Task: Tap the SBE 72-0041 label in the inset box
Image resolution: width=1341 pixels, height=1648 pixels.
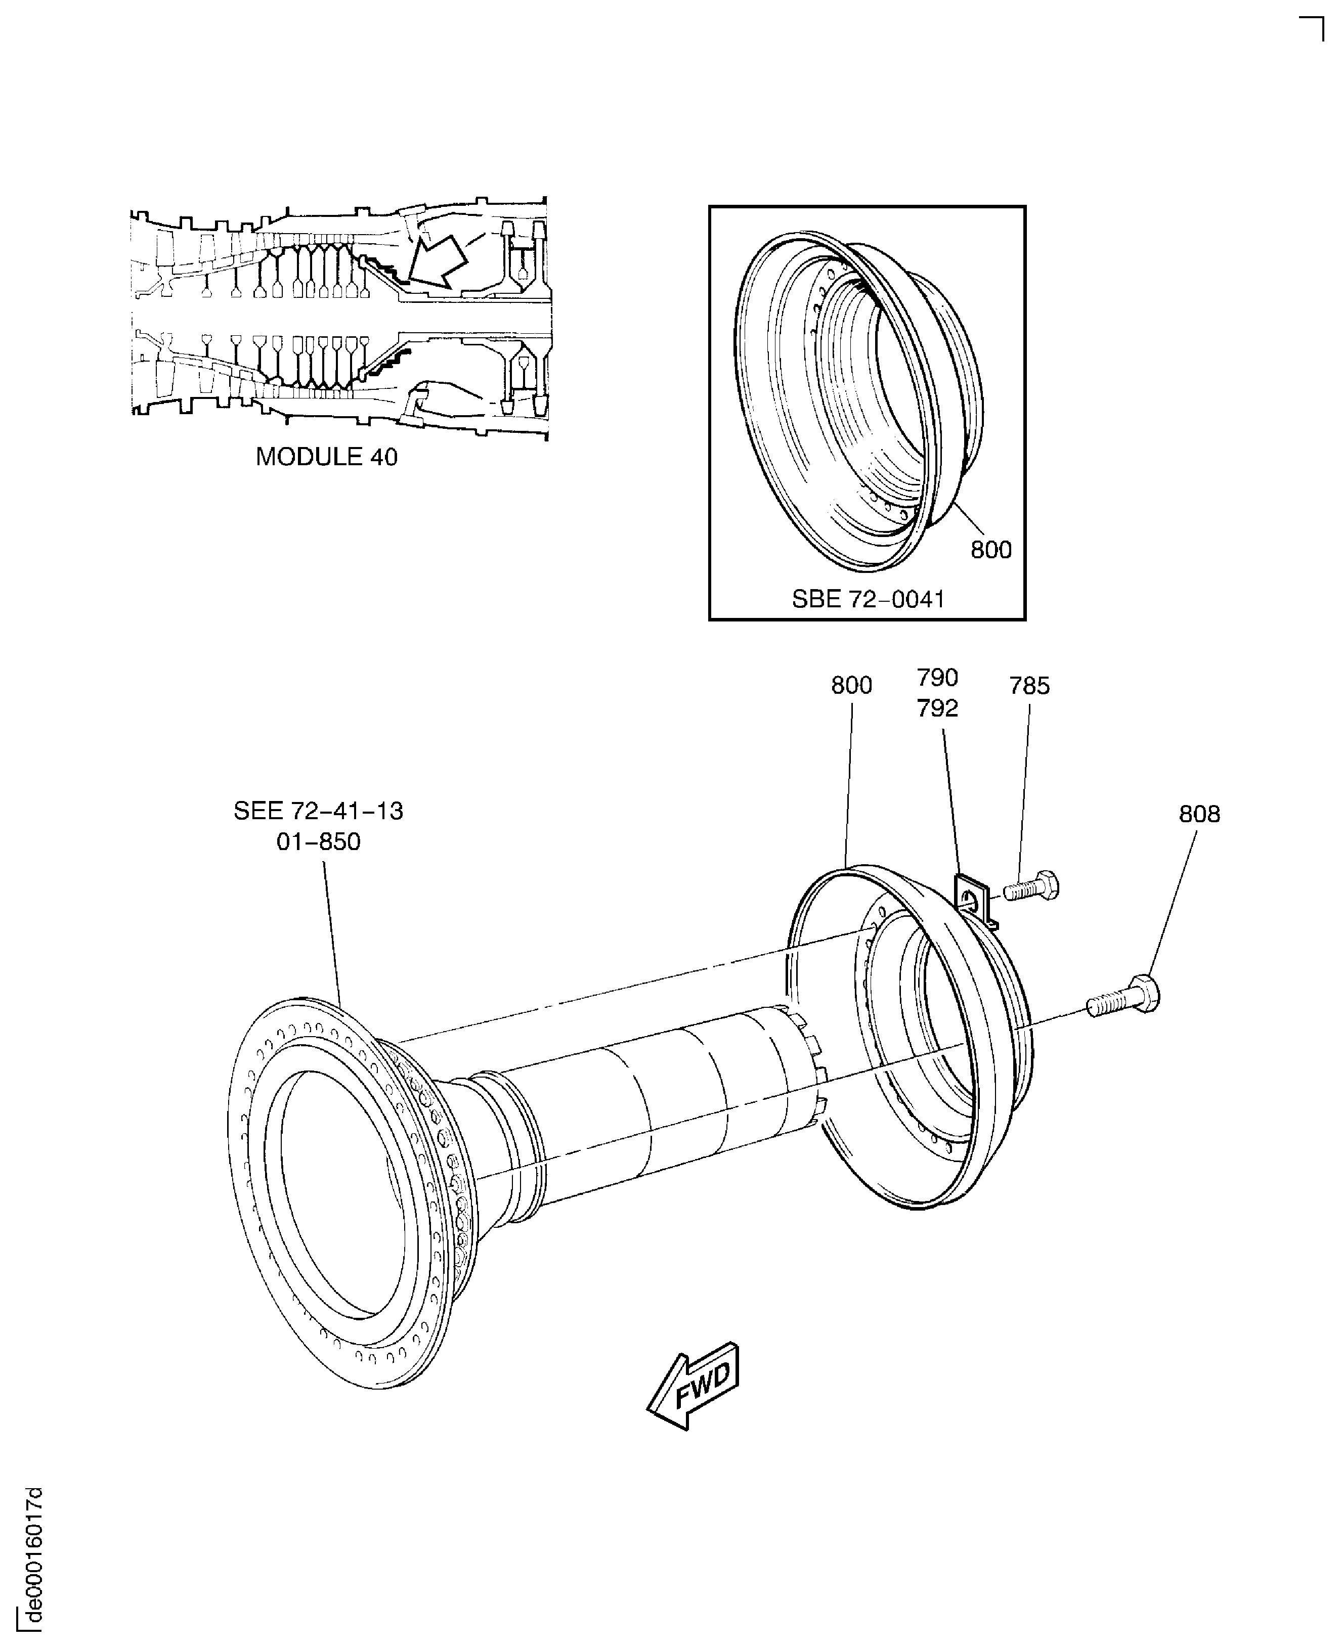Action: point(868,599)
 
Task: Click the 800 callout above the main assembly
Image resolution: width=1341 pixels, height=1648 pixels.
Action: point(851,685)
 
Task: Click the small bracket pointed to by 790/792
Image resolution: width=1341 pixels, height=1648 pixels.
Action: point(975,898)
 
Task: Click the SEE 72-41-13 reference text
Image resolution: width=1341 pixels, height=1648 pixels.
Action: point(318,811)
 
